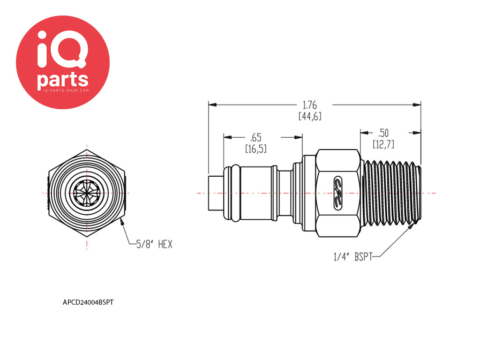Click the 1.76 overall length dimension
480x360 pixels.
(x=310, y=105)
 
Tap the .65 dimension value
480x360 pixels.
(x=255, y=137)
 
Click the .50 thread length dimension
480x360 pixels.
(x=383, y=133)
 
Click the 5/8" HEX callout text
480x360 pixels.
(x=154, y=244)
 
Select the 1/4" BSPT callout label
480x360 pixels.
(x=353, y=256)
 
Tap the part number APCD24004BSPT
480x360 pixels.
(x=88, y=302)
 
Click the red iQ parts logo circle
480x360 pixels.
(x=63, y=62)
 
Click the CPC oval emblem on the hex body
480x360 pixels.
(x=338, y=193)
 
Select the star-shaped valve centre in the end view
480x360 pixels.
(x=87, y=193)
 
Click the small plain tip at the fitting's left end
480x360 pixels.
(x=216, y=193)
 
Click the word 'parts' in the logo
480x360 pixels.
(x=63, y=80)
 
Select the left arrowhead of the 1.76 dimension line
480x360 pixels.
(x=212, y=105)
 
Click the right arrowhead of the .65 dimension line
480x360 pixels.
(x=299, y=137)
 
